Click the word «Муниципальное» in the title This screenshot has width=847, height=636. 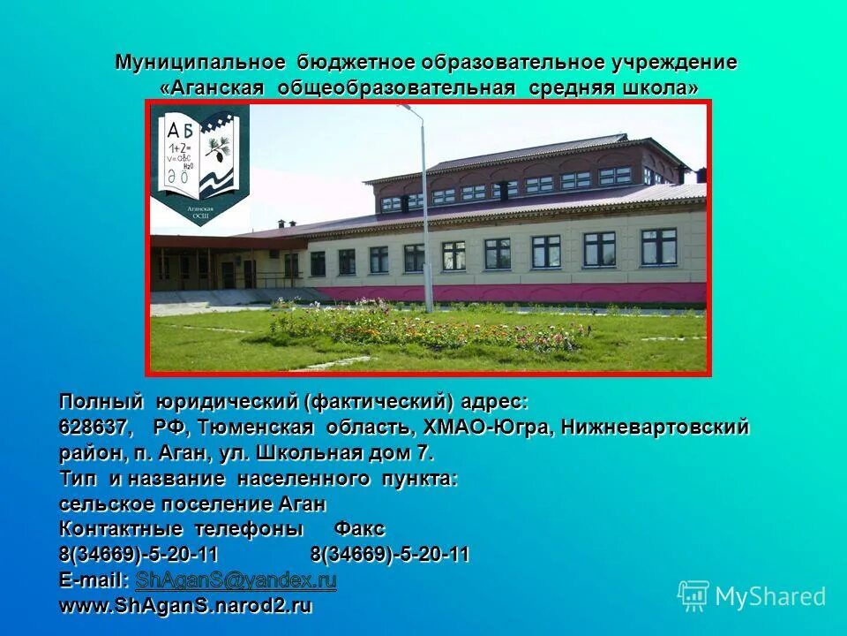pos(200,64)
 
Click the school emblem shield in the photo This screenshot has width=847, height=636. pos(199,164)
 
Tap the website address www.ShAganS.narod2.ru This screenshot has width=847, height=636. pos(186,607)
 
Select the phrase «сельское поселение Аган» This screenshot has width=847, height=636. pos(192,504)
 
